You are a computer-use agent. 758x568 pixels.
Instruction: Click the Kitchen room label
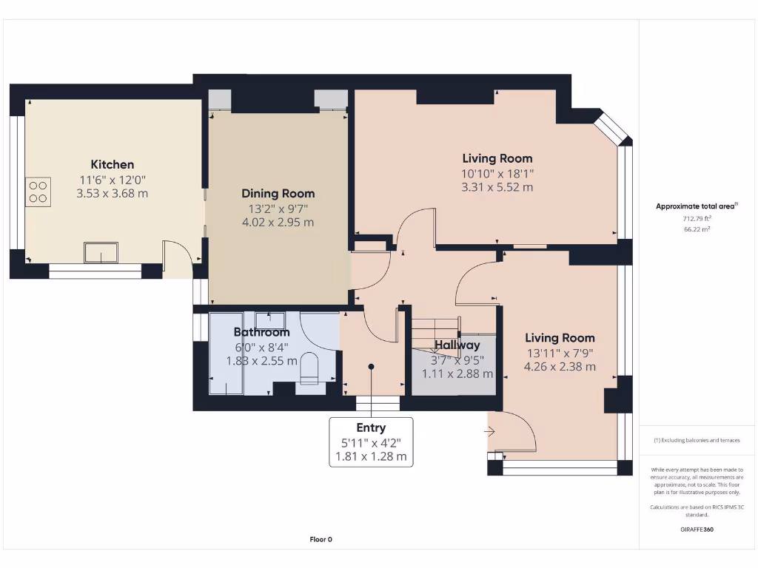(x=113, y=165)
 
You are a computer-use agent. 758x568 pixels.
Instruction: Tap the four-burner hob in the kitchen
(x=38, y=192)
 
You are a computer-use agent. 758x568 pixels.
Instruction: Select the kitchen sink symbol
(x=101, y=253)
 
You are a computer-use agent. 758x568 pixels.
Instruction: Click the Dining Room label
(x=278, y=194)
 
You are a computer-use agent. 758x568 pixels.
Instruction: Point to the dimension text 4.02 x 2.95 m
(x=278, y=222)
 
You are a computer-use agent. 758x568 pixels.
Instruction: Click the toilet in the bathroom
(x=309, y=369)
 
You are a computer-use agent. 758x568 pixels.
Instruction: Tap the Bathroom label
(x=261, y=332)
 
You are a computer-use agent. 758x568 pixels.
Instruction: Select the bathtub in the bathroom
(x=227, y=354)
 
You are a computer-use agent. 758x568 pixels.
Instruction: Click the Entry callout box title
(x=371, y=428)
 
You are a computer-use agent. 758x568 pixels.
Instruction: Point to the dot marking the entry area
(x=372, y=367)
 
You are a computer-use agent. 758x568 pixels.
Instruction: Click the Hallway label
(x=457, y=345)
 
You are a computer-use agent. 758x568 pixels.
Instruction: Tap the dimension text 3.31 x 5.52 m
(x=497, y=187)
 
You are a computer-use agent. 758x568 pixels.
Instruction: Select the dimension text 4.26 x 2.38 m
(x=560, y=367)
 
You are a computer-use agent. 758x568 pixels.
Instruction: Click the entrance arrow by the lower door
(x=490, y=431)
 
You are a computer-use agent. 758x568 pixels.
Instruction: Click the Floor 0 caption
(x=321, y=539)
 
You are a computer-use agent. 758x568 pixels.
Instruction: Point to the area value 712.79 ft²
(x=697, y=219)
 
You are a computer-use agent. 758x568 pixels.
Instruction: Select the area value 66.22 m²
(x=697, y=229)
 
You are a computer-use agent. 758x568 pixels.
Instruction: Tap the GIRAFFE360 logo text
(x=697, y=530)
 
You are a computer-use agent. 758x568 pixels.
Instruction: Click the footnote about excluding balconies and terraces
(x=697, y=441)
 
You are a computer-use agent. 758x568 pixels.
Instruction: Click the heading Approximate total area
(x=697, y=206)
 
